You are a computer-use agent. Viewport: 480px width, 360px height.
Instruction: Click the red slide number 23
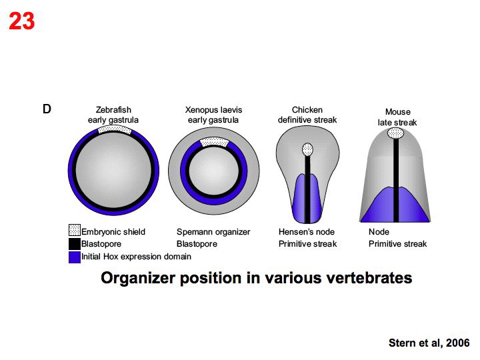pyautogui.click(x=21, y=22)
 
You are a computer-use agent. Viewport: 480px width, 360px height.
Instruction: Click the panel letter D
pyautogui.click(x=47, y=109)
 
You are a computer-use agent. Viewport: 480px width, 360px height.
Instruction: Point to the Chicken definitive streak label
pyautogui.click(x=307, y=115)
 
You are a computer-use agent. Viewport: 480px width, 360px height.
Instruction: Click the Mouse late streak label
pyautogui.click(x=398, y=117)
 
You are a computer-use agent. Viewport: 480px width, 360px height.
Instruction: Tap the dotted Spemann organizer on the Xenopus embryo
pyautogui.click(x=214, y=141)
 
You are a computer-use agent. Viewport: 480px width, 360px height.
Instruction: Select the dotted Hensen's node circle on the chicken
pyautogui.click(x=307, y=149)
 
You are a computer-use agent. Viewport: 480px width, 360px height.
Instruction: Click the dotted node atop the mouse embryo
pyautogui.click(x=397, y=133)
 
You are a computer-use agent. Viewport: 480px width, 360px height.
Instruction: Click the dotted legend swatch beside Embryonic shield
pyautogui.click(x=74, y=231)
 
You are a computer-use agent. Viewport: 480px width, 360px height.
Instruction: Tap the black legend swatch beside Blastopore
pyautogui.click(x=74, y=244)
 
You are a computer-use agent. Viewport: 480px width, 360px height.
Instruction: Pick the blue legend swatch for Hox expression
pyautogui.click(x=74, y=257)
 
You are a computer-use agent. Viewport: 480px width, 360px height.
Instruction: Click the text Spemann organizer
pyautogui.click(x=213, y=232)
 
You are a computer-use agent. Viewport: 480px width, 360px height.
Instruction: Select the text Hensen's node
pyautogui.click(x=307, y=232)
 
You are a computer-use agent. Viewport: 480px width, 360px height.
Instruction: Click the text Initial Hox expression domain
pyautogui.click(x=136, y=257)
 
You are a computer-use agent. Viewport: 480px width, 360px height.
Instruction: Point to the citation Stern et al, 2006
pyautogui.click(x=429, y=343)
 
